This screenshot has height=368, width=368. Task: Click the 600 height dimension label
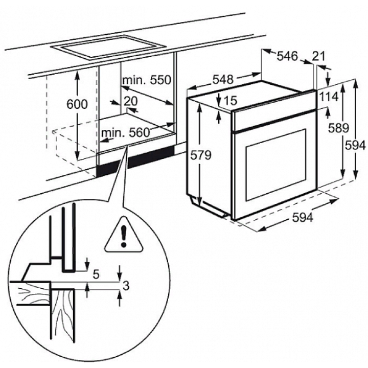pos(78,104)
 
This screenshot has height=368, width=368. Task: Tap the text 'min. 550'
pos(146,80)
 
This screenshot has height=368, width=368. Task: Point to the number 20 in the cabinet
pos(130,100)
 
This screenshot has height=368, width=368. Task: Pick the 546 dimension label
pos(287,57)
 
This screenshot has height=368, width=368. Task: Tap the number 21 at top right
pos(319,57)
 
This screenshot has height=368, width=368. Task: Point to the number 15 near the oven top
pos(231,101)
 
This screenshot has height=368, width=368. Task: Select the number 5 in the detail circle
pos(96,274)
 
